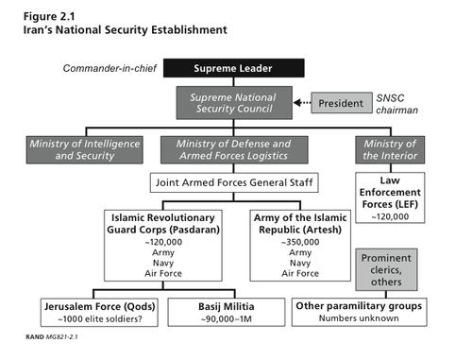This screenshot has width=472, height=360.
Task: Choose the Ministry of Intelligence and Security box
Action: click(x=84, y=148)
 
